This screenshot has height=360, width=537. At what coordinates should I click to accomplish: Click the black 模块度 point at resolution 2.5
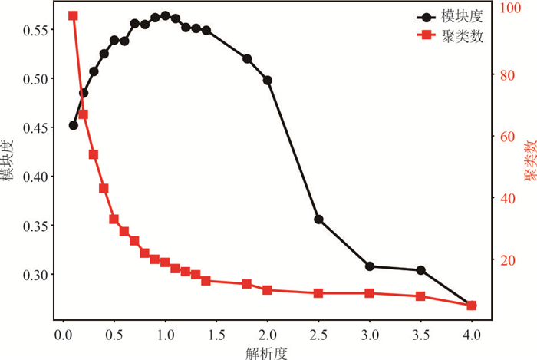click(318, 220)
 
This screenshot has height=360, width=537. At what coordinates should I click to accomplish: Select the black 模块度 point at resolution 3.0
click(370, 266)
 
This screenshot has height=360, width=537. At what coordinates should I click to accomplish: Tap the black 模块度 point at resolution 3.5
click(420, 270)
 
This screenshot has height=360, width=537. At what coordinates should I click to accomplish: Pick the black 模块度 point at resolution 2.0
click(268, 80)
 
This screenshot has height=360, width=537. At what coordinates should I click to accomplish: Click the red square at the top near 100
click(74, 15)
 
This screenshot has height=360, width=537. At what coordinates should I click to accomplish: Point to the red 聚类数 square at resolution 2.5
click(318, 293)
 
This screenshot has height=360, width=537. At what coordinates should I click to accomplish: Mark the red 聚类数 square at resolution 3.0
click(370, 293)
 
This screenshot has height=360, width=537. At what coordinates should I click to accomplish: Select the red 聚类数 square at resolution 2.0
click(268, 290)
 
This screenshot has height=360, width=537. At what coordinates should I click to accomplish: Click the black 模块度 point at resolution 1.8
click(247, 58)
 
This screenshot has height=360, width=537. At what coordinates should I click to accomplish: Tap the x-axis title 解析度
click(267, 352)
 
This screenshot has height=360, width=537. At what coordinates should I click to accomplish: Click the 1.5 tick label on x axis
click(216, 335)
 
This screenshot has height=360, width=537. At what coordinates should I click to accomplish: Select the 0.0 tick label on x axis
click(63, 335)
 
